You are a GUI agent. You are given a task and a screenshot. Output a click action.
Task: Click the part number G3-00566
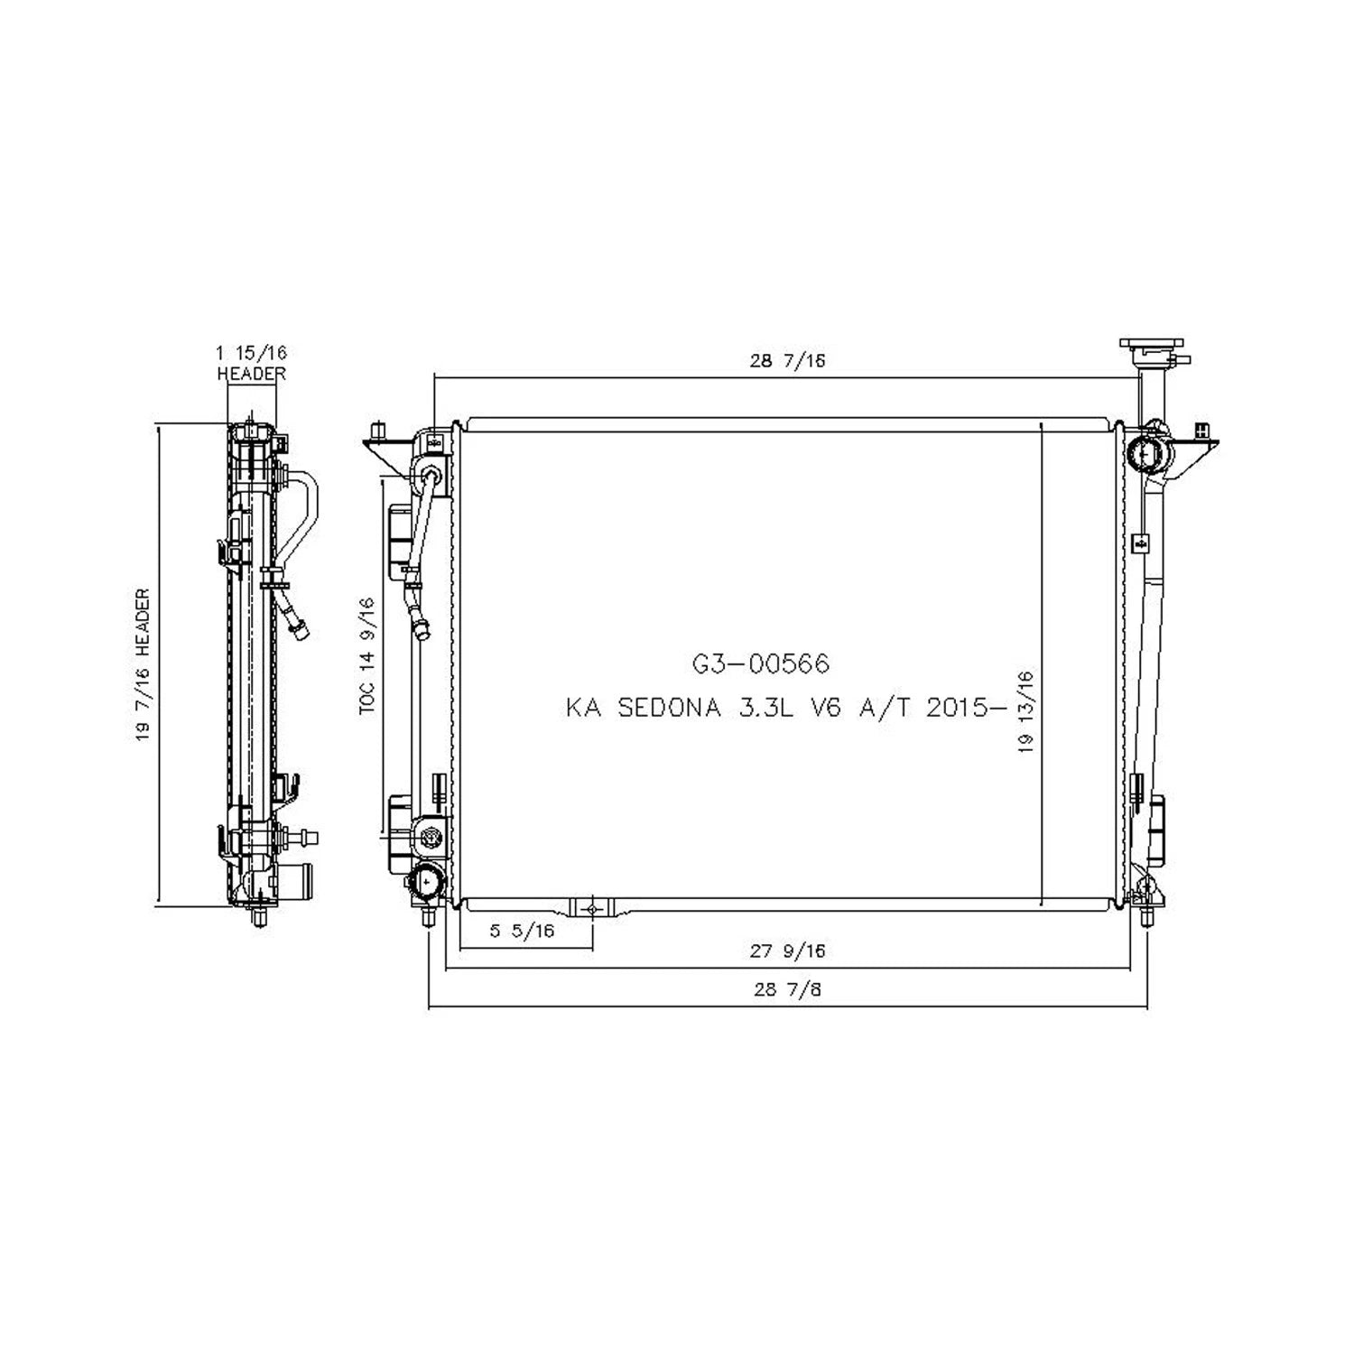(760, 664)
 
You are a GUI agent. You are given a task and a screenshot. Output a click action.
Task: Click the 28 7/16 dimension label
(788, 361)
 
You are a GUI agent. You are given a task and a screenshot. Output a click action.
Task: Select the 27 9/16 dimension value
(788, 951)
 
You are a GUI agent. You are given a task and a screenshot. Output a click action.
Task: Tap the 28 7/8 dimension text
(788, 988)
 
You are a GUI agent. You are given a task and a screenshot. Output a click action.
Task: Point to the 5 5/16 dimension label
(522, 931)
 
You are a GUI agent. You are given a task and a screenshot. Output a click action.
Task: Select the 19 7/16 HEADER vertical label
(144, 665)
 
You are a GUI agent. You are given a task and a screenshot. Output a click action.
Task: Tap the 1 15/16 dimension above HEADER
(252, 353)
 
